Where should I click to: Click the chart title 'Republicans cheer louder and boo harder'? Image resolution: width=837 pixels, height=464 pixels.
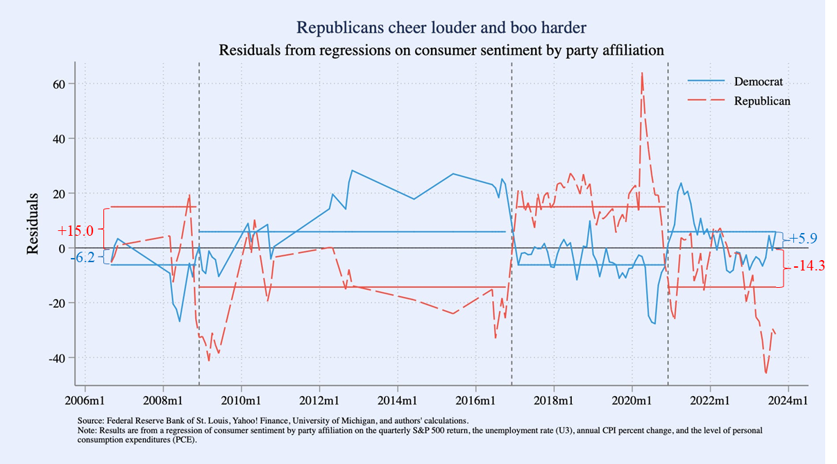(441, 28)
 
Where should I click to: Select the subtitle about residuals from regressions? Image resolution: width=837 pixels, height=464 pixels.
(441, 50)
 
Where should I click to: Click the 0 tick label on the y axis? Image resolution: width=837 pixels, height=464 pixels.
(62, 248)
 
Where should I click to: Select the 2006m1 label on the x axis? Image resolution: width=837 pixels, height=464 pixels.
(85, 402)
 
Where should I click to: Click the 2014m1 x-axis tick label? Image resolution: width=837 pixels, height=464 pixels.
(398, 402)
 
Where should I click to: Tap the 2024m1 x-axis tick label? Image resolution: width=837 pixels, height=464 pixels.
(788, 402)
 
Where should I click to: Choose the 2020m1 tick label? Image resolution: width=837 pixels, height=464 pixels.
(632, 402)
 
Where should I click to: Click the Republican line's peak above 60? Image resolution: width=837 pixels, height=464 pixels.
(641, 73)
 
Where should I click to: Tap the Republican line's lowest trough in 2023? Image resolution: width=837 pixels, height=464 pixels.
(766, 373)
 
